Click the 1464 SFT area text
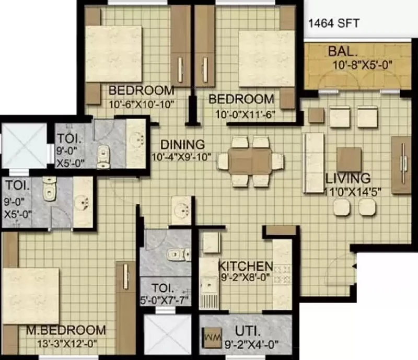click(334, 24)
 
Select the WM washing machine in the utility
click(213, 338)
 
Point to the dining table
click(250, 161)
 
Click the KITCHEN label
click(246, 266)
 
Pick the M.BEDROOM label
click(66, 330)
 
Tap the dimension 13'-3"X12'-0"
click(67, 344)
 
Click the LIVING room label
click(348, 178)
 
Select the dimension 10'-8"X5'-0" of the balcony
click(363, 65)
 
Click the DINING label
click(182, 145)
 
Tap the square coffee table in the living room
click(350, 160)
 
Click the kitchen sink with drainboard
click(209, 293)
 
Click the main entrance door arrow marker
click(354, 266)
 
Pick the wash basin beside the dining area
click(181, 211)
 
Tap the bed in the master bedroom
click(30, 296)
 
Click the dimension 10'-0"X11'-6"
click(245, 114)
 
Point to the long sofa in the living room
click(313, 162)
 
